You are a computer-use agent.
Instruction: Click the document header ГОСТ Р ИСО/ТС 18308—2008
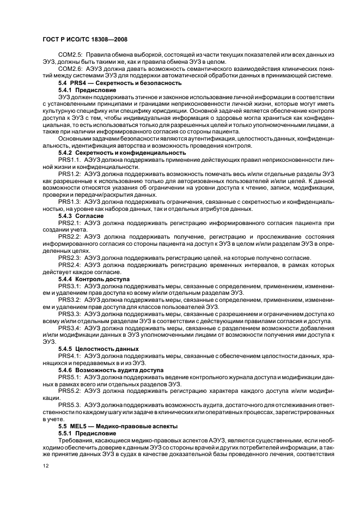pyautogui.click(x=85, y=41)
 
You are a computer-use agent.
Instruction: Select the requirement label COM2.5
pyautogui.click(x=70, y=56)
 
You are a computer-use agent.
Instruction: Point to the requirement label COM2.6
pyautogui.click(x=70, y=69)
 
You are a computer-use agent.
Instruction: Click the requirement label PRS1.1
pyautogui.click(x=70, y=160)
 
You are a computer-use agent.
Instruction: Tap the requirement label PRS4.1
pyautogui.click(x=70, y=355)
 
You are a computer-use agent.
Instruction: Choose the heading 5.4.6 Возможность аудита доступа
pyautogui.click(x=111, y=369)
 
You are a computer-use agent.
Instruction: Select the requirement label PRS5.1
pyautogui.click(x=70, y=377)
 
